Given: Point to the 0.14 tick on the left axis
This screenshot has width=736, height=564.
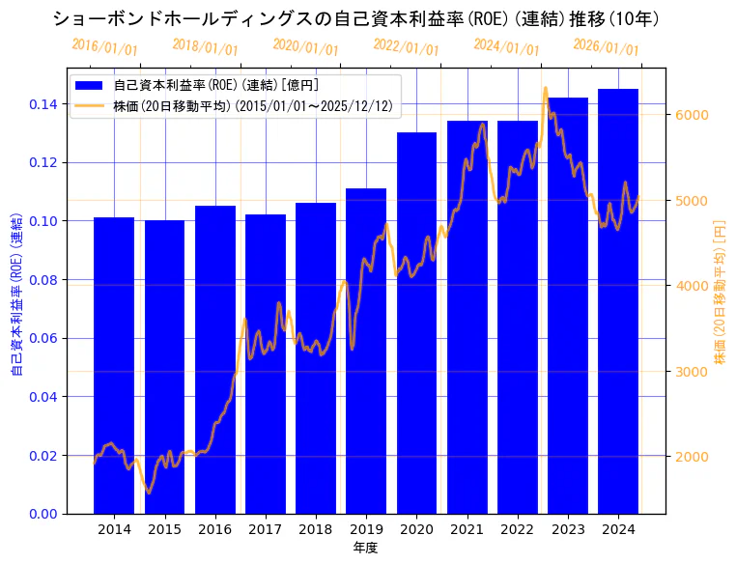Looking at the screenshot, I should click(x=44, y=103).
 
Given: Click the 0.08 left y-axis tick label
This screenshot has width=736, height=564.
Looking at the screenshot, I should click(x=44, y=279).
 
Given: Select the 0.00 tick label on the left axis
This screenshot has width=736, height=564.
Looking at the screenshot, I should click(x=44, y=514).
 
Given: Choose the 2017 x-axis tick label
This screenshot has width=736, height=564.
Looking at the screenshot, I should click(x=265, y=529).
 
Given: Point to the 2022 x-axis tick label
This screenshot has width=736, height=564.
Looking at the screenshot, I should click(x=517, y=529).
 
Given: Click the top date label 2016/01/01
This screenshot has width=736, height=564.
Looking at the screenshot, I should click(x=104, y=46).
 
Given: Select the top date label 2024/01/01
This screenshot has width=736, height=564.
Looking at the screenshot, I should click(x=506, y=46).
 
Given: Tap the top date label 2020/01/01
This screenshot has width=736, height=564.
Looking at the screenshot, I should click(x=305, y=46).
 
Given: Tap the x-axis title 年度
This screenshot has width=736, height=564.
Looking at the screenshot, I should click(x=365, y=548).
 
